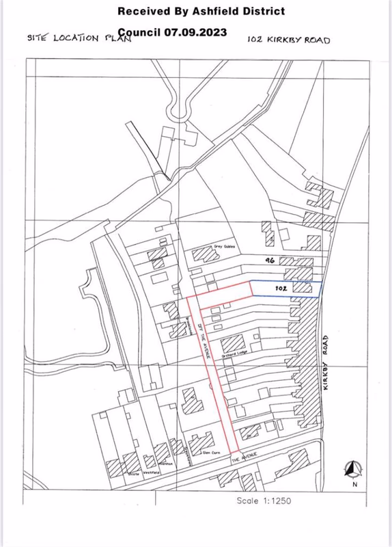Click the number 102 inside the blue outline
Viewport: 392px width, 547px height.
point(279,289)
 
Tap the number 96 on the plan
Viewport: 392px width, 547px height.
point(269,260)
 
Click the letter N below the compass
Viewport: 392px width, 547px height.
point(354,484)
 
